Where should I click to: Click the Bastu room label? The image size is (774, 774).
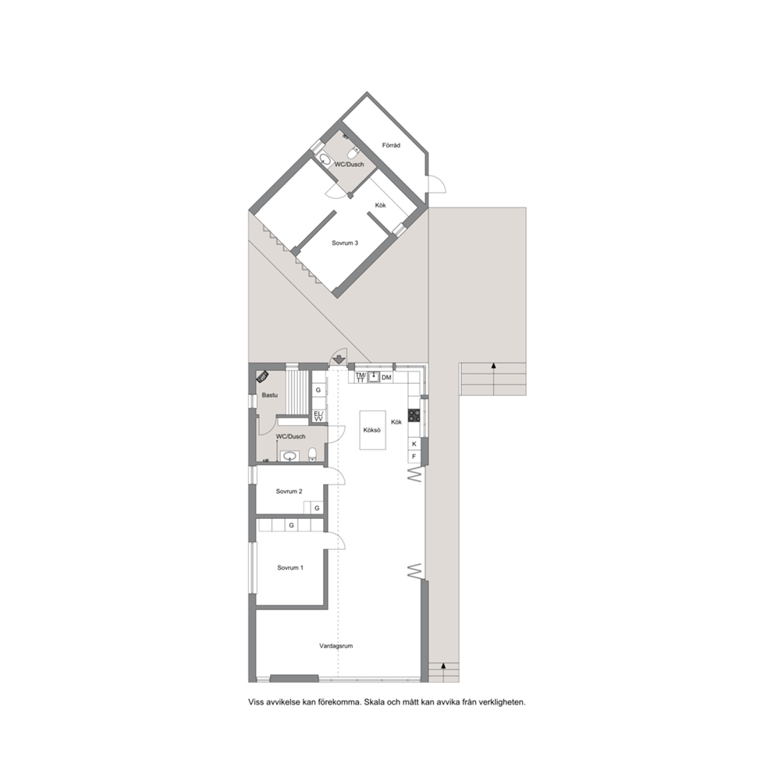pos(269,395)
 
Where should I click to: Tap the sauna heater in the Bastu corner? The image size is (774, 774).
pos(262,377)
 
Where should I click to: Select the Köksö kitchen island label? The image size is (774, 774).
pos(371,430)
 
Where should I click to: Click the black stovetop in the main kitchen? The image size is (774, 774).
pos(414,415)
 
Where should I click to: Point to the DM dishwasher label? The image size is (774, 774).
pos(386,378)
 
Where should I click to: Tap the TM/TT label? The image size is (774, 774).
pos(360,378)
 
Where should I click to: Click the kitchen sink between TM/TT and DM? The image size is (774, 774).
pos(374,377)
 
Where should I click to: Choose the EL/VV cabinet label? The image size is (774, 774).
pos(318,416)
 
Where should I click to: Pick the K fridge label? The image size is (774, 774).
pos(414,444)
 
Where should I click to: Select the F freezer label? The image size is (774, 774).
pos(414,456)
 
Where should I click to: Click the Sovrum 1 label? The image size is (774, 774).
pos(290,568)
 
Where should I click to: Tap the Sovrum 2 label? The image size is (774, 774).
pos(289,491)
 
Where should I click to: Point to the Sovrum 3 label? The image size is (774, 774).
pos(345,243)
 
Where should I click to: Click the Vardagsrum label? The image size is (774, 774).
pos(336,646)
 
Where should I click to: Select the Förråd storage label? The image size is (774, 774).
pos(392,145)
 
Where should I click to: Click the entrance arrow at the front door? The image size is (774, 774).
pos(338,360)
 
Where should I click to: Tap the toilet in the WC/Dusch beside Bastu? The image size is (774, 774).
pos(312,453)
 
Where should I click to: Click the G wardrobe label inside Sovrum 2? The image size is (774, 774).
pos(317,508)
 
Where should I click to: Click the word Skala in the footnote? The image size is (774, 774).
pos(375,702)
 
